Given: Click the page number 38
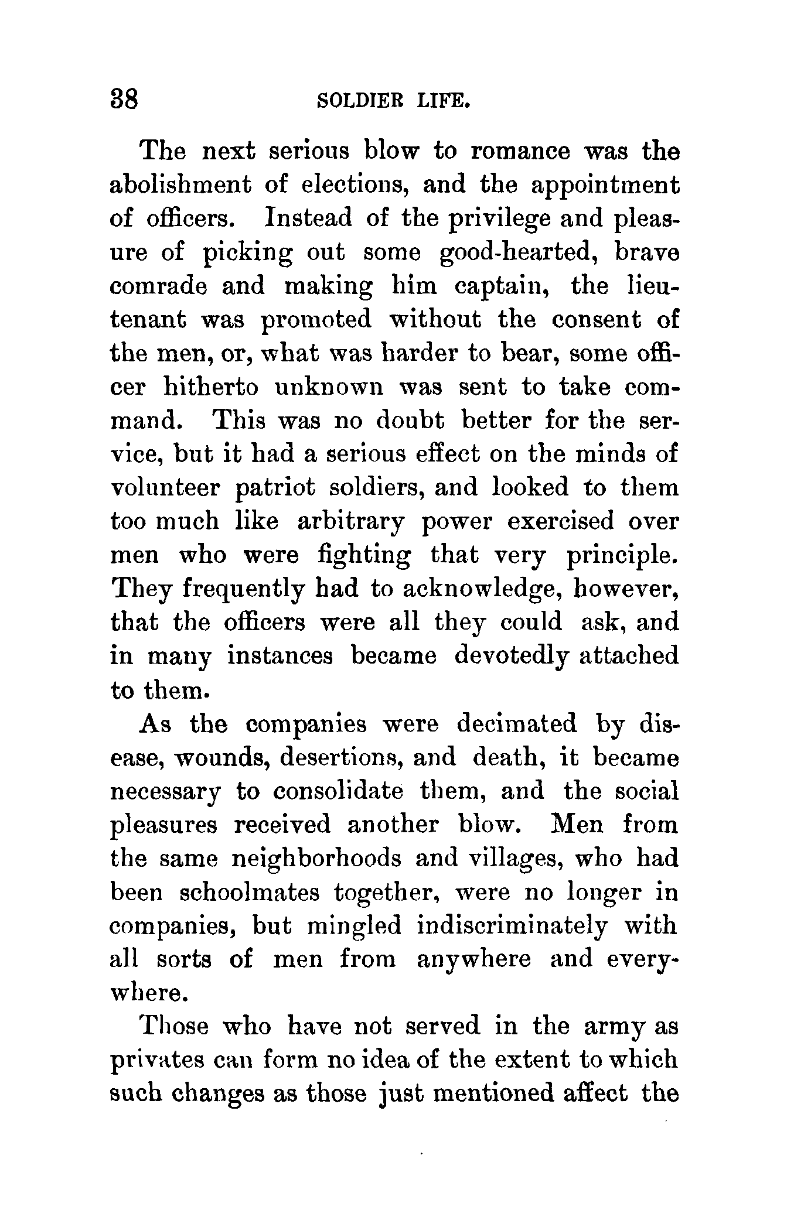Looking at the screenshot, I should click(x=124, y=100).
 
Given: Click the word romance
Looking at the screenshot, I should click(x=520, y=151).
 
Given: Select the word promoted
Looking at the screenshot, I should click(x=316, y=320).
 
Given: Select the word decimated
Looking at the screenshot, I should click(x=516, y=724).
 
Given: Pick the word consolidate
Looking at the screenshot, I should click(x=339, y=791).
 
